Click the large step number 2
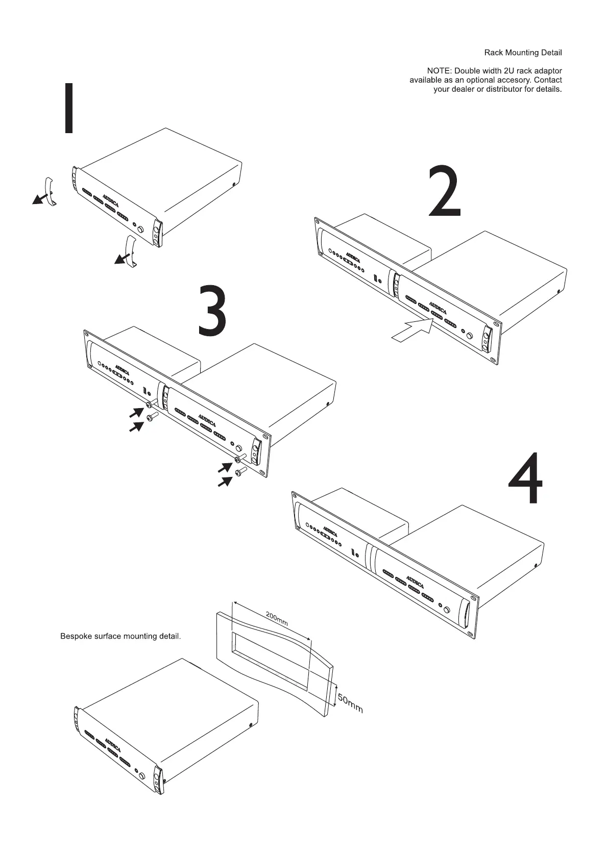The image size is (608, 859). [x=444, y=191]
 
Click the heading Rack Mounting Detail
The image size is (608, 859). [x=523, y=53]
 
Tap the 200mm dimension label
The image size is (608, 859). [x=277, y=619]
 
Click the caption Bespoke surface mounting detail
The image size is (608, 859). [x=120, y=637]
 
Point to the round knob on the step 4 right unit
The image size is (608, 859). [x=448, y=610]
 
